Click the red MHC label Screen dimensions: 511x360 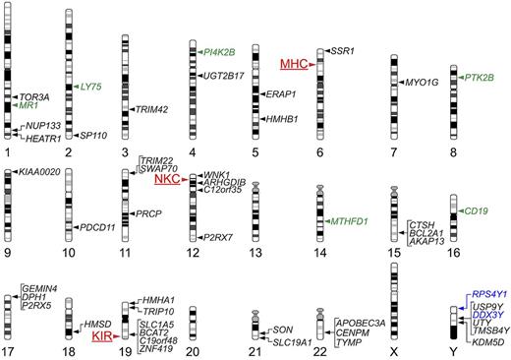293,64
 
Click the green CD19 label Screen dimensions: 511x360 477,210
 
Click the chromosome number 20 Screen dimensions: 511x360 194,350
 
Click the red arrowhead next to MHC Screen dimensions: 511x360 312,65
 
